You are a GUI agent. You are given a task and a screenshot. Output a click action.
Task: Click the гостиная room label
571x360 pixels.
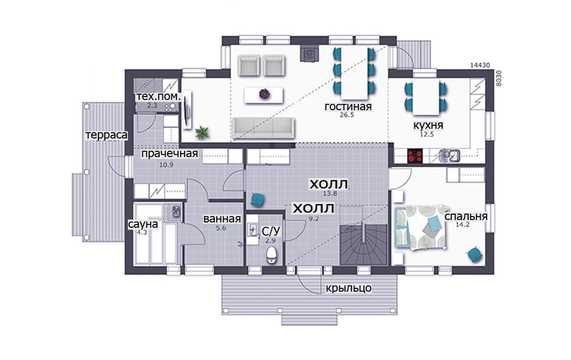tap(348, 107)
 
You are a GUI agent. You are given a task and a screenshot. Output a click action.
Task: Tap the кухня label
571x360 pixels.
tap(428, 125)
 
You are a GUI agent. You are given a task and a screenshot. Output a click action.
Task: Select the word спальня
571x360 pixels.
tap(466, 216)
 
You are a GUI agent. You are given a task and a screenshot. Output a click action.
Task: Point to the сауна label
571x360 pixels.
tap(143, 224)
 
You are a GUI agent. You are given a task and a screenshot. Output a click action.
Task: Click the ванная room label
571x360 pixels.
tap(222, 219)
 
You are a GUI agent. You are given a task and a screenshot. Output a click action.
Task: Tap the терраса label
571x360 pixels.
tap(106, 135)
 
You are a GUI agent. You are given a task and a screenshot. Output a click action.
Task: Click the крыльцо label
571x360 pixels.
tap(348, 288)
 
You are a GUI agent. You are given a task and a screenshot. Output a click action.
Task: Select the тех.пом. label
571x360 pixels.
tap(158, 97)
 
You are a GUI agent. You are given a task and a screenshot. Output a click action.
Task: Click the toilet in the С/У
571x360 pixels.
tap(272, 255)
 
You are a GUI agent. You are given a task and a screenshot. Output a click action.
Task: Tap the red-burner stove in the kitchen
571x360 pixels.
tap(415, 156)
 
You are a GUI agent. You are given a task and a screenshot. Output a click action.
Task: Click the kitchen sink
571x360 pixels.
tap(450, 156)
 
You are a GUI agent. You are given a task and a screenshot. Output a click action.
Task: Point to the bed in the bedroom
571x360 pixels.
tap(420, 228)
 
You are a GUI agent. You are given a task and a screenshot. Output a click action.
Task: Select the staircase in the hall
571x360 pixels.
tap(364, 244)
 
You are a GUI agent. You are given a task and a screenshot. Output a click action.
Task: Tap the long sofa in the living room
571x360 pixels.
tap(264, 128)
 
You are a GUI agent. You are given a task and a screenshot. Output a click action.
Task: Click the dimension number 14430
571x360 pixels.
tap(480, 65)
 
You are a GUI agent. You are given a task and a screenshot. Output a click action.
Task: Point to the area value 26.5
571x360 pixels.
tap(347, 115)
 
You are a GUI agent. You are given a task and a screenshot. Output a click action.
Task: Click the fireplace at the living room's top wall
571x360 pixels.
tap(309, 54)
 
